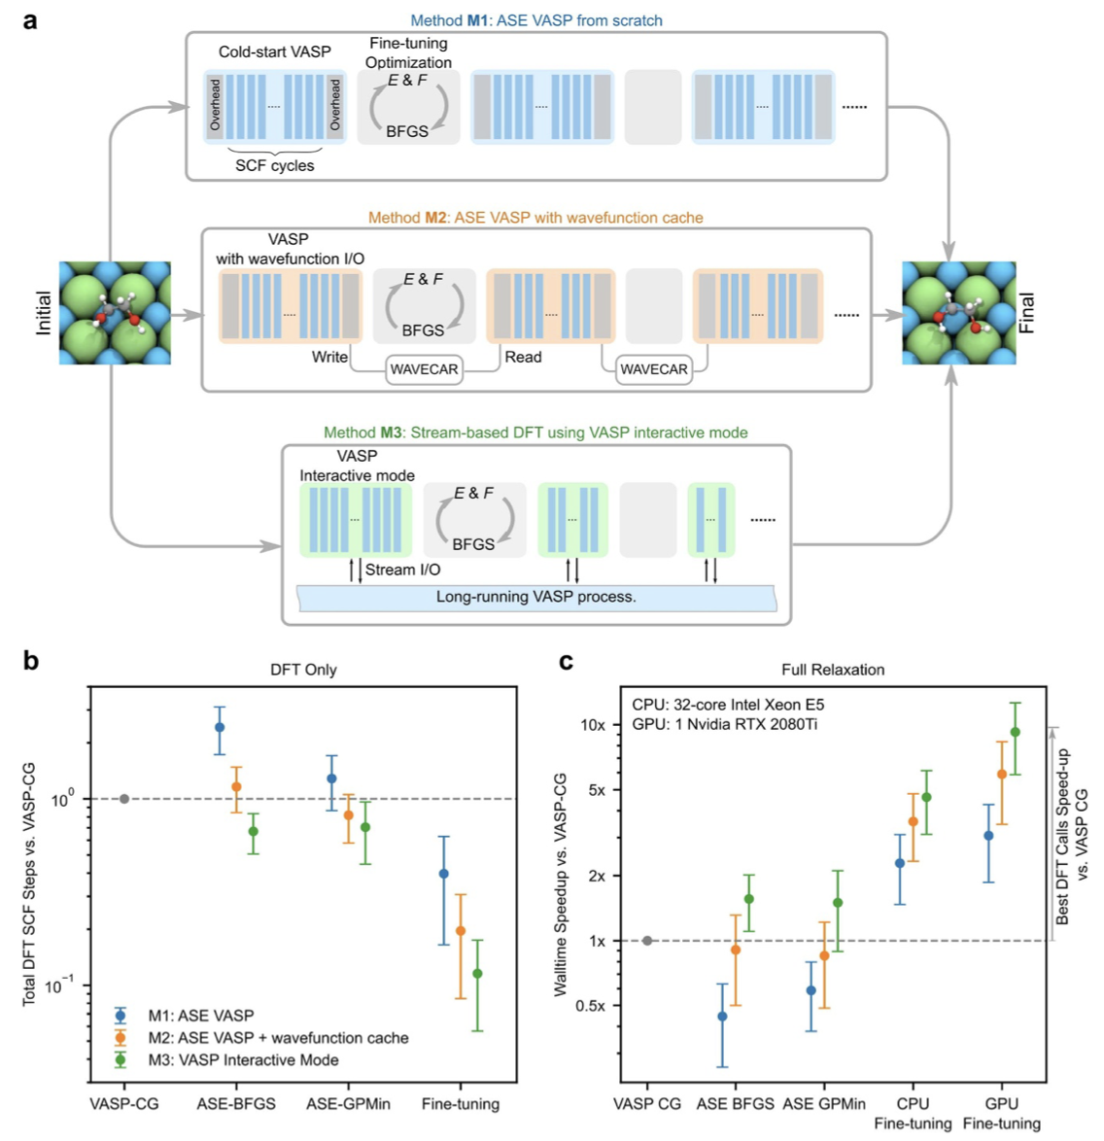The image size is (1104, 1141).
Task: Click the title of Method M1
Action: (536, 19)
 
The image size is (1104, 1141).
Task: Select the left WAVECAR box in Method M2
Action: (424, 370)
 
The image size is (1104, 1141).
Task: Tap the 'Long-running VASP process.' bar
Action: (536, 597)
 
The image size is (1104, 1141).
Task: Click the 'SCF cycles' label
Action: (275, 166)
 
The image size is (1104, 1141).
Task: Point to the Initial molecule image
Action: (115, 313)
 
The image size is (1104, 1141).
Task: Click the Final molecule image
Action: (958, 313)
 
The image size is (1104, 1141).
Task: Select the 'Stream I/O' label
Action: (402, 570)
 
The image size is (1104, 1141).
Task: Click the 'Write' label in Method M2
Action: (329, 358)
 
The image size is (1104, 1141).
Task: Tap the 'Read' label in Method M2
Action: (523, 358)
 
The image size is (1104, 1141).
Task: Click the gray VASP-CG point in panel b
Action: (124, 799)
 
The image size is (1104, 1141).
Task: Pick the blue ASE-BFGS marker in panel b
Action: (220, 727)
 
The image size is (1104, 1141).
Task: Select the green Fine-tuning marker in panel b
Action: (477, 974)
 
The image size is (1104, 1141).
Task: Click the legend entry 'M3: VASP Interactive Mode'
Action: (243, 1060)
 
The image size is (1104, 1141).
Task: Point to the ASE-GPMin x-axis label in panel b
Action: (348, 1104)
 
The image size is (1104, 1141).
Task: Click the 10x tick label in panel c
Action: (592, 725)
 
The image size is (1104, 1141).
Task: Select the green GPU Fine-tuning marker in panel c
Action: (1016, 732)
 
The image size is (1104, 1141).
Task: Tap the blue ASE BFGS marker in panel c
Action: (722, 1017)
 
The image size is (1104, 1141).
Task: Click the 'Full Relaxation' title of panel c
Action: (833, 670)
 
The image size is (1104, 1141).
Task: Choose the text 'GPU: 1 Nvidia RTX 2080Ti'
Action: (724, 725)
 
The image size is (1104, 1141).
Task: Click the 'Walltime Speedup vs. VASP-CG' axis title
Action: (561, 884)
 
